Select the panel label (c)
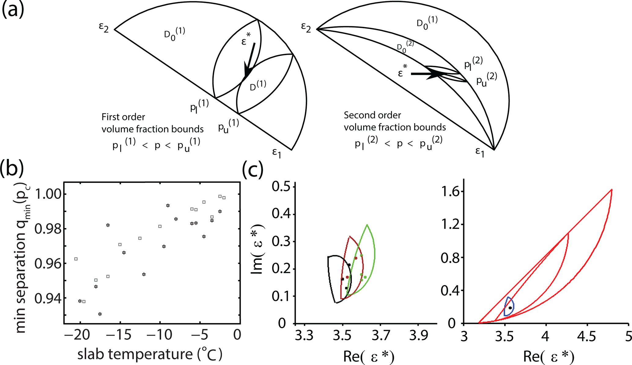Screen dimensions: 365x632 pos(253,169)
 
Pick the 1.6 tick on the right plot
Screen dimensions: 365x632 pos(449,192)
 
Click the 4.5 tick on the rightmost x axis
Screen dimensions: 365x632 pos(586,336)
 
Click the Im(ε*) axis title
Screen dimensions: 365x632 pos(257,249)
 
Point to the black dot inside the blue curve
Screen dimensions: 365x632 pos(510,308)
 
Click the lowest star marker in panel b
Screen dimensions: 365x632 pos(100,314)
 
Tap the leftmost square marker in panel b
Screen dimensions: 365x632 pos(76,259)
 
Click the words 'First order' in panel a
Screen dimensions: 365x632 pos(123,117)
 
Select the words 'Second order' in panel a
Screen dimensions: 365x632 pos(372,115)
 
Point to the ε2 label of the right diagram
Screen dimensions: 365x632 pos(306,28)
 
